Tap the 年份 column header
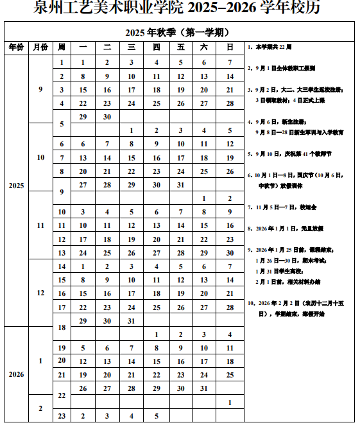point(15,48)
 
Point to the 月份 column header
point(40,48)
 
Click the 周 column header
point(62,48)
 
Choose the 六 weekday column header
point(205,48)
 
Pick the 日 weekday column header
point(229,48)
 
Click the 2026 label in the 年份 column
point(15,374)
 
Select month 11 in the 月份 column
point(40,225)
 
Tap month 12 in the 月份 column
point(40,293)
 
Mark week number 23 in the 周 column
point(62,416)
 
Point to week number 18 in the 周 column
point(62,327)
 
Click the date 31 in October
point(180,185)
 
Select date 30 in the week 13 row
point(229,253)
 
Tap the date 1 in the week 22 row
point(229,403)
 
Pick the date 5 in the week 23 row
point(157,416)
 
